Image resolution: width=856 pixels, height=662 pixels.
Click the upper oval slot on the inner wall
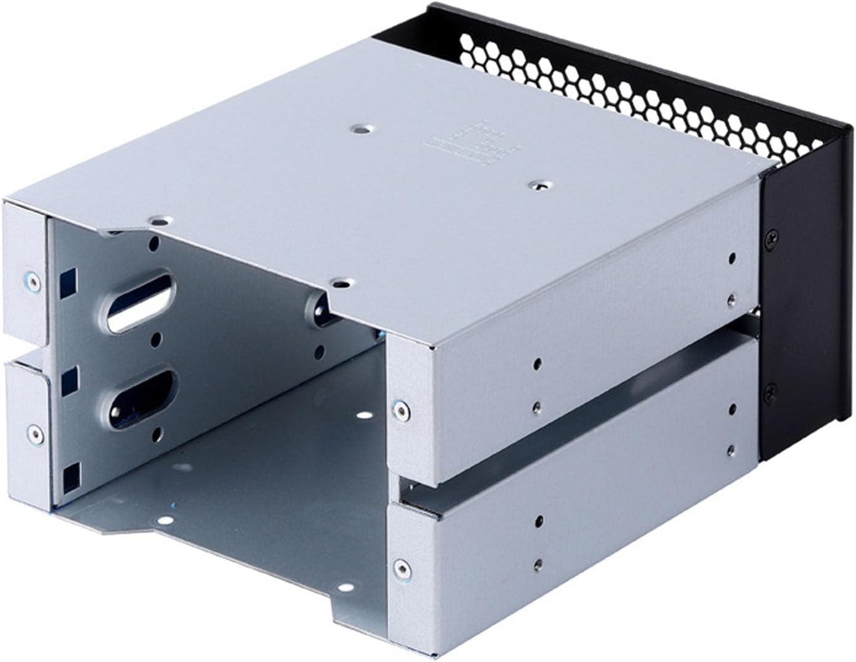point(141,307)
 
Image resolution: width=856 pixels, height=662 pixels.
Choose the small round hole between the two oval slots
point(155,338)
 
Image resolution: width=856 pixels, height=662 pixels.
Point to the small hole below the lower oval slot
point(156,436)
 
